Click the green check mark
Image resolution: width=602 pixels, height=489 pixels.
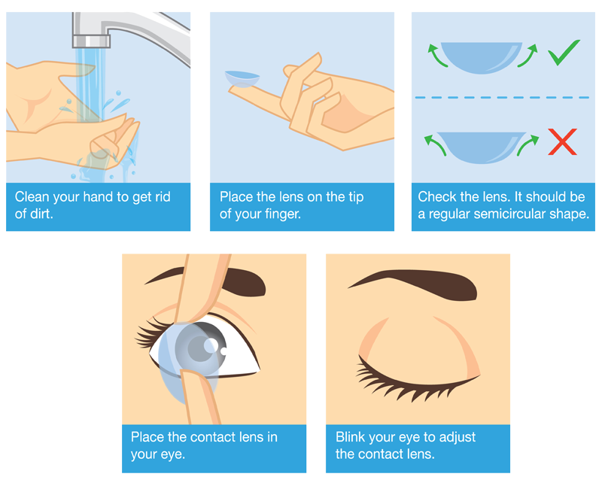pyautogui.click(x=563, y=53)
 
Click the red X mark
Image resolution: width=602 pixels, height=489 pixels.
pyautogui.click(x=562, y=142)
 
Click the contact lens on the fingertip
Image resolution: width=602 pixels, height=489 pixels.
pyautogui.click(x=242, y=79)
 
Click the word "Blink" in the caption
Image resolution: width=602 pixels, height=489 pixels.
pyautogui.click(x=349, y=437)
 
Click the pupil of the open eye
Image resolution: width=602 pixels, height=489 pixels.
pyautogui.click(x=199, y=348)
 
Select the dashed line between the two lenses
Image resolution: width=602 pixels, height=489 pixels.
pyautogui.click(x=502, y=98)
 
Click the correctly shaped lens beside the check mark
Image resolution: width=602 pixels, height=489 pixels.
pyautogui.click(x=482, y=57)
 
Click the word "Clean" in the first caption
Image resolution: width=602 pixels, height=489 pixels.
pyautogui.click(x=32, y=197)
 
